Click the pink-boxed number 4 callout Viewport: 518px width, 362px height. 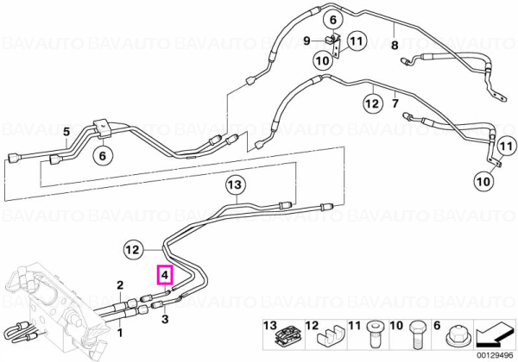click(165, 274)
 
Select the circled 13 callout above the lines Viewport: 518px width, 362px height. click(235, 184)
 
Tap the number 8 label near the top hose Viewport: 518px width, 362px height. click(395, 45)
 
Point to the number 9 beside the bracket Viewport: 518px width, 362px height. click(306, 41)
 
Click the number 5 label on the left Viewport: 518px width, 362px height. click(66, 132)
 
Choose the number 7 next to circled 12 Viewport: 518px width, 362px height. click(395, 103)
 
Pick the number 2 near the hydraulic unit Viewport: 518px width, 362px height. click(120, 284)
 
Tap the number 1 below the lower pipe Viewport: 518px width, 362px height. click(120, 333)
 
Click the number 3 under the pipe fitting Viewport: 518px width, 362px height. click(165, 319)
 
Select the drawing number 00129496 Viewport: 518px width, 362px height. click(495, 356)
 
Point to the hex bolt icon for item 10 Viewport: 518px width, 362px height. click(415, 334)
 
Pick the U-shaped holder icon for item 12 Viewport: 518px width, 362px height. click(330, 338)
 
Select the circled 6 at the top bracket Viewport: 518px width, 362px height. click(333, 20)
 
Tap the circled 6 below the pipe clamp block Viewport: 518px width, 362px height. click(103, 156)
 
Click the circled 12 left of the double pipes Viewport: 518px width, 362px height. click(133, 250)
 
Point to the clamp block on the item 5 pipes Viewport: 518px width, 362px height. click(103, 128)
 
